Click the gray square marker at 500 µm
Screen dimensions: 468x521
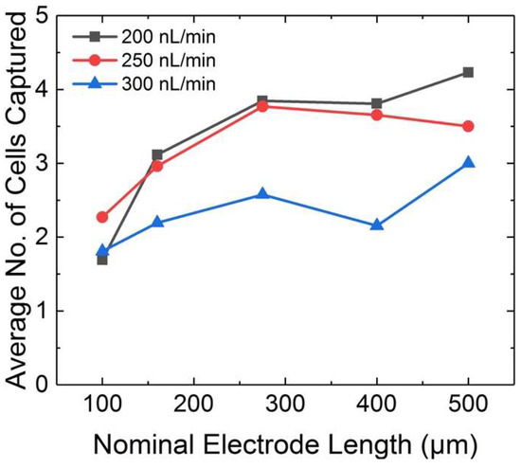pyautogui.click(x=467, y=72)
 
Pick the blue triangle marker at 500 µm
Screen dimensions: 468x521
pyautogui.click(x=467, y=163)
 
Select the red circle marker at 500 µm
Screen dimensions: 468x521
pyautogui.click(x=467, y=126)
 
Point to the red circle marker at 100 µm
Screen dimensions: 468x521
pyautogui.click(x=102, y=217)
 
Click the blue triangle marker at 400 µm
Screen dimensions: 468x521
pyautogui.click(x=376, y=225)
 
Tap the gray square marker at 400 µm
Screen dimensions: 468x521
pyautogui.click(x=376, y=103)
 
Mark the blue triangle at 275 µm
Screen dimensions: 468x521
pyautogui.click(x=262, y=194)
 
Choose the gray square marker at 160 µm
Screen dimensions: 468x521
pyautogui.click(x=157, y=154)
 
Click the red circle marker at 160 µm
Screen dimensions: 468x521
pyautogui.click(x=157, y=166)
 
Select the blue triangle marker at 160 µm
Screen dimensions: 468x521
pyautogui.click(x=157, y=223)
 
